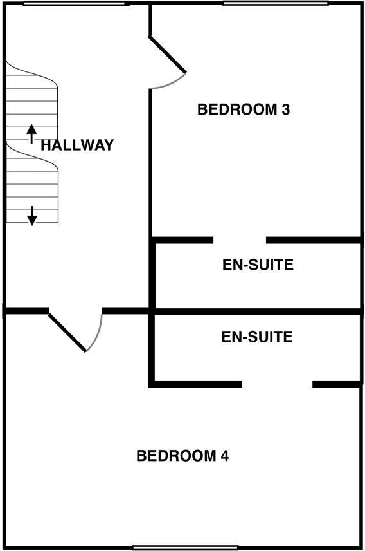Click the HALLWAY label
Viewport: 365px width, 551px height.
pyautogui.click(x=77, y=145)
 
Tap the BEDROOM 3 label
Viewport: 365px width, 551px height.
pyautogui.click(x=244, y=109)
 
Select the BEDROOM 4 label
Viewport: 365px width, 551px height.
pyautogui.click(x=182, y=456)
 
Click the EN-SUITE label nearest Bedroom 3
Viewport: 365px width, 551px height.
pyautogui.click(x=258, y=265)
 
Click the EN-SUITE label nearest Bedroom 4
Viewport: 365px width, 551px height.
pyautogui.click(x=257, y=337)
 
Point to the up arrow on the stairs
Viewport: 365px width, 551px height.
pyautogui.click(x=32, y=133)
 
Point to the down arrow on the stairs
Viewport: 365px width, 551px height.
pyautogui.click(x=32, y=216)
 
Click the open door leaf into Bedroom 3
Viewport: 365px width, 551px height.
pyautogui.click(x=168, y=55)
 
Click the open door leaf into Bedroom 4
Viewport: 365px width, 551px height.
pyautogui.click(x=67, y=332)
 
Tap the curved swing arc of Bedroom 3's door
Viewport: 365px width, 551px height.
pyautogui.click(x=170, y=84)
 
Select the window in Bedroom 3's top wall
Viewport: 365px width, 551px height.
pyautogui.click(x=276, y=3)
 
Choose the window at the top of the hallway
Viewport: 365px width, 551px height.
pyautogui.click(x=74, y=3)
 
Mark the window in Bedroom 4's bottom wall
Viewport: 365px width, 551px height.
pyautogui.click(x=185, y=548)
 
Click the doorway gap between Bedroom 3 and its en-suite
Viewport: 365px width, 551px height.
pyautogui.click(x=240, y=240)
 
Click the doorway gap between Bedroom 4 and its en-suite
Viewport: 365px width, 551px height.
pyautogui.click(x=277, y=384)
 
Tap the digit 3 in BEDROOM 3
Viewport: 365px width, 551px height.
pyautogui.click(x=286, y=109)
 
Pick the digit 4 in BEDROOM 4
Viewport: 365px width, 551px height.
pyautogui.click(x=225, y=456)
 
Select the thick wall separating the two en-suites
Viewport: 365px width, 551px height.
pyautogui.click(x=257, y=312)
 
